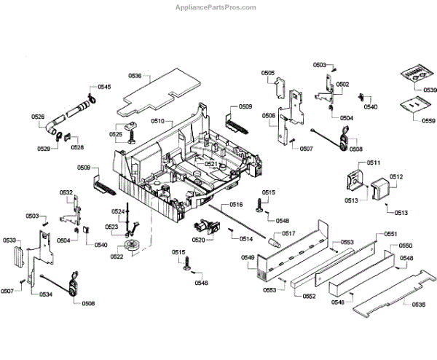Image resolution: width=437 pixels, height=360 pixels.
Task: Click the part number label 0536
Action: (x=135, y=76)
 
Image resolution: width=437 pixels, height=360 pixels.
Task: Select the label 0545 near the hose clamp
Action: (x=104, y=87)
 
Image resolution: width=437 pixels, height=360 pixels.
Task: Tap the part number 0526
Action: (x=38, y=117)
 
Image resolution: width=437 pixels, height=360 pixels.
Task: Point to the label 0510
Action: (x=157, y=121)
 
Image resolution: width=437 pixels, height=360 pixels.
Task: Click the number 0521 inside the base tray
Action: (x=211, y=164)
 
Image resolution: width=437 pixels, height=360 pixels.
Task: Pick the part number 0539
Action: (x=428, y=90)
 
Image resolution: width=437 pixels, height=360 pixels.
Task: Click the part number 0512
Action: (x=396, y=177)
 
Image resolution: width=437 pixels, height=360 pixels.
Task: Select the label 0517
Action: (x=288, y=234)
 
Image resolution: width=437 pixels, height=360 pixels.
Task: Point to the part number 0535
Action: (x=418, y=304)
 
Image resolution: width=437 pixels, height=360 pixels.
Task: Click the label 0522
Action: (x=117, y=257)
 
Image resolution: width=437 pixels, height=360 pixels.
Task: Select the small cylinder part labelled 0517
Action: (x=274, y=240)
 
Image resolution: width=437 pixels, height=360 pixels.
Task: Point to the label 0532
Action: (x=66, y=193)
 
